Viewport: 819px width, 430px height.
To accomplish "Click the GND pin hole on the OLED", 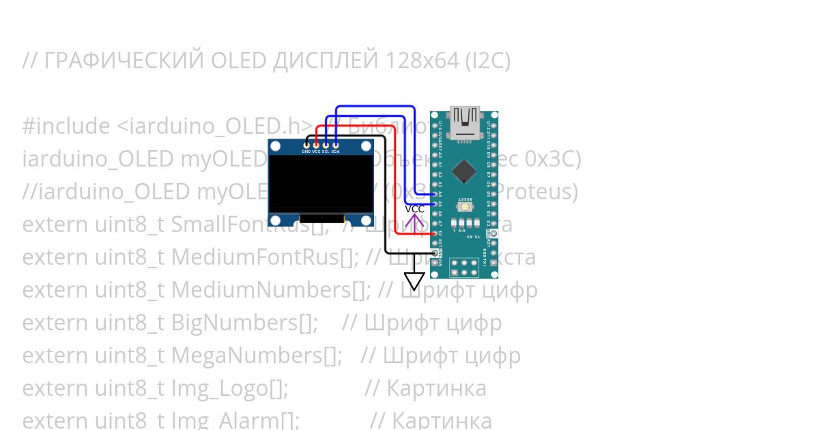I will tap(306, 144).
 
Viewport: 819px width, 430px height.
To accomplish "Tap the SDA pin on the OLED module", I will tap(335, 144).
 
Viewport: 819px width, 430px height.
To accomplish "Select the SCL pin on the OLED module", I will tap(326, 144).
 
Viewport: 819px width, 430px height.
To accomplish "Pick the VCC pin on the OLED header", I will tap(316, 144).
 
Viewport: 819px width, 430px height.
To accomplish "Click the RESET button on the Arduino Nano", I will tap(465, 206).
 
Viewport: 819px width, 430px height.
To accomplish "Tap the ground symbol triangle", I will tap(414, 281).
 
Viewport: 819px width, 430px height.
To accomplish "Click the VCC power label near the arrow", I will tap(414, 209).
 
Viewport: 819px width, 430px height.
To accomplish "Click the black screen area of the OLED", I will tap(321, 183).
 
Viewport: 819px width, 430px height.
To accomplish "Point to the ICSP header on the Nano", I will tap(465, 266).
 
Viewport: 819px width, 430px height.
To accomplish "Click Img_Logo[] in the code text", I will tap(229, 388).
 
